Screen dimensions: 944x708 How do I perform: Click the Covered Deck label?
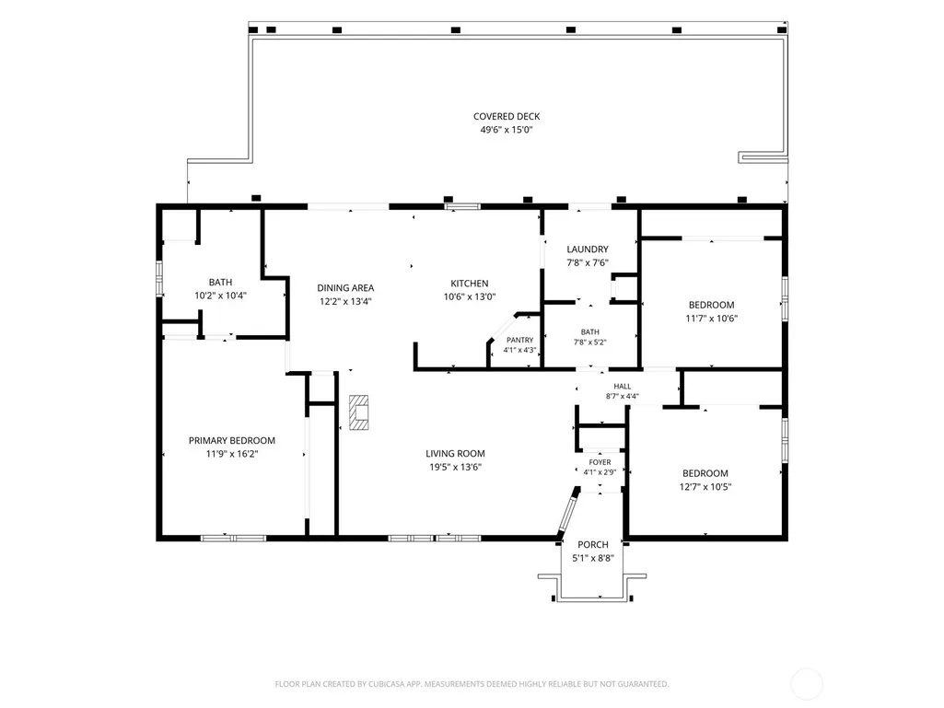pos(507,116)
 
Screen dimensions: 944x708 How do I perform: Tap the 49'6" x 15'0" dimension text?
pos(507,130)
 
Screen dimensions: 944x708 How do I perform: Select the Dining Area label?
pos(345,288)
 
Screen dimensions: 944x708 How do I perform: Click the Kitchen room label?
pos(470,283)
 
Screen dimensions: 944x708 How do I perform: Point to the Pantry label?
pos(519,340)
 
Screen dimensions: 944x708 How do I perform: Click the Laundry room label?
pos(588,250)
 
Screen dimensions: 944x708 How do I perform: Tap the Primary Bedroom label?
pos(232,441)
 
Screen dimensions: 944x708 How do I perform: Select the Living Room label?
pos(455,454)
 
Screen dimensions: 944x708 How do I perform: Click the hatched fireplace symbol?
pos(359,412)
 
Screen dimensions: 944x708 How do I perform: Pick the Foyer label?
pos(600,462)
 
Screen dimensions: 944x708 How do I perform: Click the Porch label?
pos(593,545)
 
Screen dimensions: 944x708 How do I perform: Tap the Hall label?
pos(623,387)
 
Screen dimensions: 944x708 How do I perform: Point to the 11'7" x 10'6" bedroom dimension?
pos(712,319)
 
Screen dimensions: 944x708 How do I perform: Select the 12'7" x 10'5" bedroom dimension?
pos(705,487)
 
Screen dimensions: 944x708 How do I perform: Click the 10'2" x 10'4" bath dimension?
pos(220,296)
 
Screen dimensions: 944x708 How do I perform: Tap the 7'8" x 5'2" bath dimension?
pos(590,342)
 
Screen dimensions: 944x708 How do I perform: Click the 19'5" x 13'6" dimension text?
pos(455,467)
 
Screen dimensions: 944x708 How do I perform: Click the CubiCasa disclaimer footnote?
pos(472,684)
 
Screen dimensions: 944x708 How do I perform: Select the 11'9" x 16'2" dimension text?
pos(232,454)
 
